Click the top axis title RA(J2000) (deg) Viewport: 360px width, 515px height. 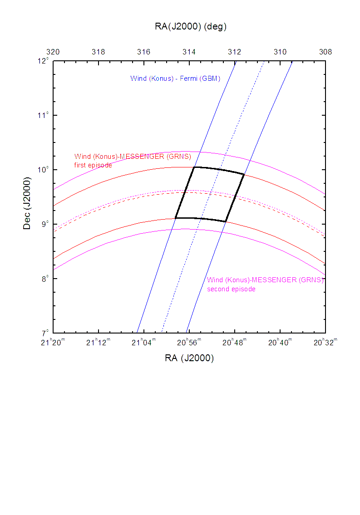[191, 26]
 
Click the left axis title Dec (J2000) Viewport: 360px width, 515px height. [27, 197]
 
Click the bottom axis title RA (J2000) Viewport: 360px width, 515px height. [189, 358]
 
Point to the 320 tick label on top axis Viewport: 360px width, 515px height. [53, 52]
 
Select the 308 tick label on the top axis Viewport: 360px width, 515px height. [325, 52]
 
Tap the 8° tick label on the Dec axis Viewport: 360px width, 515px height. [44, 279]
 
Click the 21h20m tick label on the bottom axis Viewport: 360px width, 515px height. [54, 342]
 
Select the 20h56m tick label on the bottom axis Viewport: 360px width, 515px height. [190, 342]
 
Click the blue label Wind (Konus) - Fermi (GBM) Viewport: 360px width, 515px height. [175, 78]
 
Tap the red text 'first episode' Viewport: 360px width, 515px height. [93, 165]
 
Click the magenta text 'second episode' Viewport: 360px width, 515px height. [232, 289]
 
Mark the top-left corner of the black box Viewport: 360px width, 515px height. [194, 167]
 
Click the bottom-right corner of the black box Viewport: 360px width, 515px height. [226, 221]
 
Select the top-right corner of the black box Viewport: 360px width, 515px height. [244, 174]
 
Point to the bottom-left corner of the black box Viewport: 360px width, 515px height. [175, 218]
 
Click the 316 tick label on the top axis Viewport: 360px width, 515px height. [144, 52]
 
